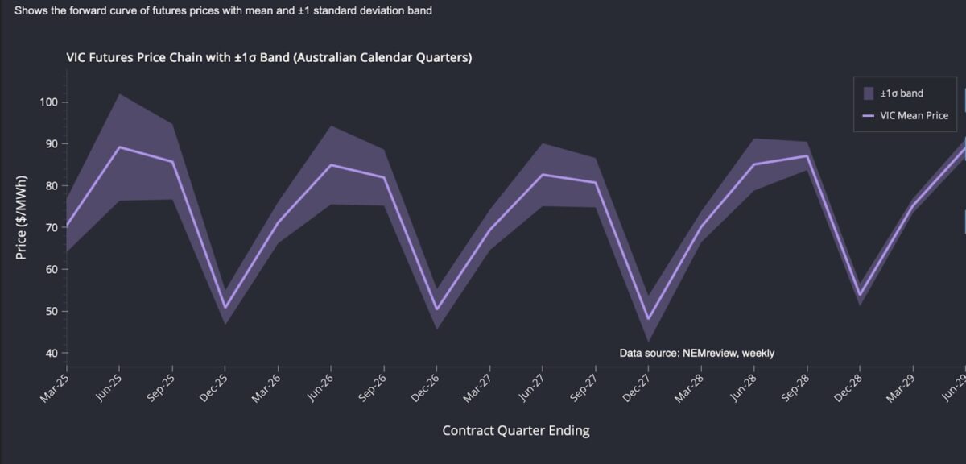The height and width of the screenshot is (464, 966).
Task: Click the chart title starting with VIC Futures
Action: coord(269,58)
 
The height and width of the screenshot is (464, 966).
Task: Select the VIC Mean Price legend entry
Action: coord(913,116)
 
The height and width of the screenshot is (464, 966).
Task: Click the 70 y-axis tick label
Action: coord(49,227)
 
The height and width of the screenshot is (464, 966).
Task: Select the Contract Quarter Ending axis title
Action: coord(516,430)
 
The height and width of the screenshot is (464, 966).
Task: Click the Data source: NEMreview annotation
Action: coord(696,353)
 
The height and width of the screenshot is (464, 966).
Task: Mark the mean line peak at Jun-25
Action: coord(119,147)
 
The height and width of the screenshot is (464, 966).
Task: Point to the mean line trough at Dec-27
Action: coord(648,319)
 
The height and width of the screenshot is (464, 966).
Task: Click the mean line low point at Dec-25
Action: coord(225,308)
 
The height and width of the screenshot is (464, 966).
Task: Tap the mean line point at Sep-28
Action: coord(807,155)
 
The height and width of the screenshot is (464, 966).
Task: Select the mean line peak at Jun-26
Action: coord(331,164)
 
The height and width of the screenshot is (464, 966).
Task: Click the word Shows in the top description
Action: coord(31,12)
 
